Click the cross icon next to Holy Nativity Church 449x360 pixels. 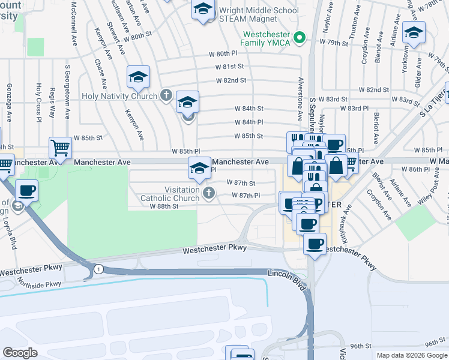pos(166,95)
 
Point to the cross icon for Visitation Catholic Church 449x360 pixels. pos(208,193)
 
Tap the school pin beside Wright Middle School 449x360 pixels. pos(203,10)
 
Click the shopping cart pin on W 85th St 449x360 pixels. pos(60,147)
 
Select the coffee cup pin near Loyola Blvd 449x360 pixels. pos(26,191)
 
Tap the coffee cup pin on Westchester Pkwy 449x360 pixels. pos(315,244)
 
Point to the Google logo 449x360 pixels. pos(20,352)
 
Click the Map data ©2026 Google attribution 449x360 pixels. pos(411,355)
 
